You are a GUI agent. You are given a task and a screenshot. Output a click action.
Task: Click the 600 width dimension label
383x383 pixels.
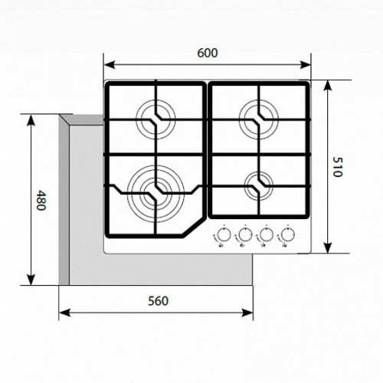click(x=208, y=53)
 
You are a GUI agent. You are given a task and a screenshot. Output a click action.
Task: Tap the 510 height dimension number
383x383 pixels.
click(x=338, y=167)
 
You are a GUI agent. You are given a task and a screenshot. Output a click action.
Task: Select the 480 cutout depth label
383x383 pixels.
click(x=41, y=200)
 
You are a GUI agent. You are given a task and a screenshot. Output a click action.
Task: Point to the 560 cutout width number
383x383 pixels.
click(x=158, y=301)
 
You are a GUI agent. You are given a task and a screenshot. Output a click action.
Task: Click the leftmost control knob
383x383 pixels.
click(x=224, y=234)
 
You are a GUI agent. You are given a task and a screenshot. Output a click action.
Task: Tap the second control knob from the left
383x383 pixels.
click(x=245, y=234)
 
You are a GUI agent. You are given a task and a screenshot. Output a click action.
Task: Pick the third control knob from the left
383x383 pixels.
click(x=267, y=234)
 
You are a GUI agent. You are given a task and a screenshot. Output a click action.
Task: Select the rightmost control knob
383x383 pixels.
click(x=288, y=234)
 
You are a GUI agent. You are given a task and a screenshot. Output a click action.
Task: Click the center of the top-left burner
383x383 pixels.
click(x=155, y=119)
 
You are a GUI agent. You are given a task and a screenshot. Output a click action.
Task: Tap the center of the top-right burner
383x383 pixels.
click(x=259, y=119)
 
